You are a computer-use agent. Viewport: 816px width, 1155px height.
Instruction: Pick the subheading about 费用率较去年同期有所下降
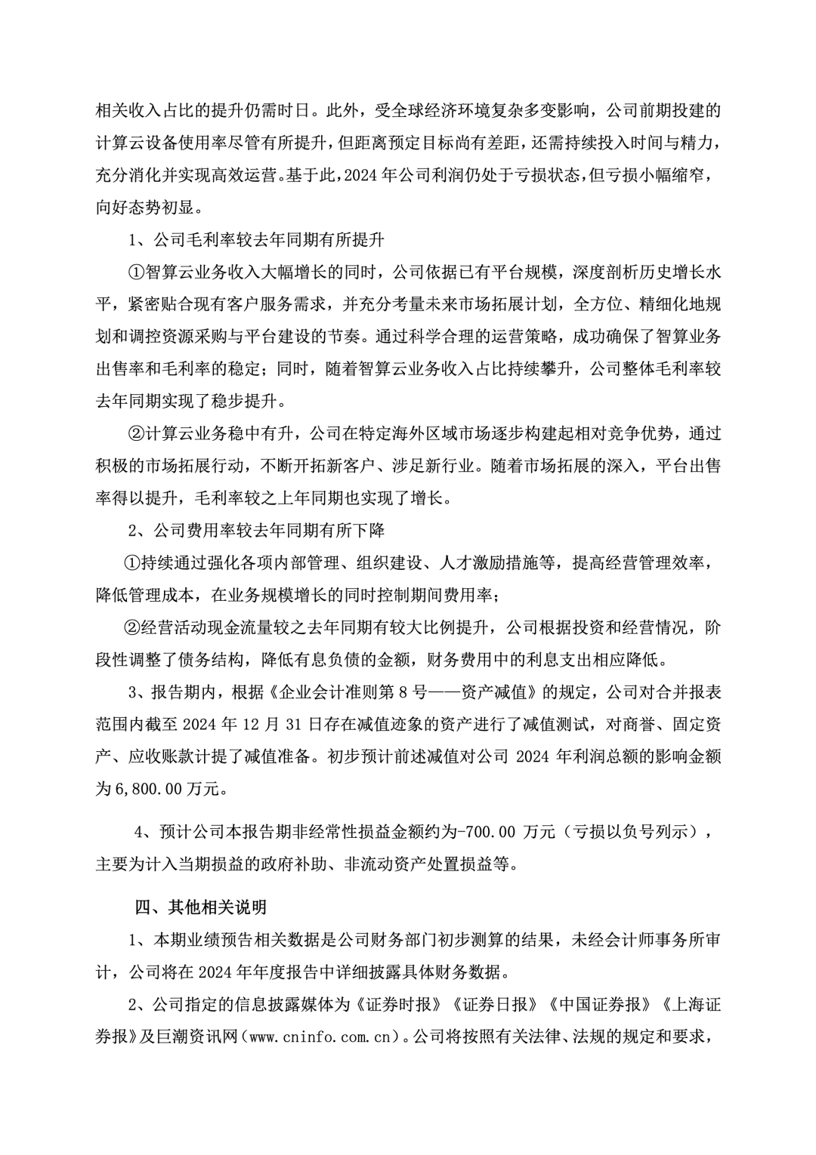[x=257, y=531]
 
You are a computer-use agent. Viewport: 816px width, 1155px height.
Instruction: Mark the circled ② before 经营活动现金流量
[x=131, y=627]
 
